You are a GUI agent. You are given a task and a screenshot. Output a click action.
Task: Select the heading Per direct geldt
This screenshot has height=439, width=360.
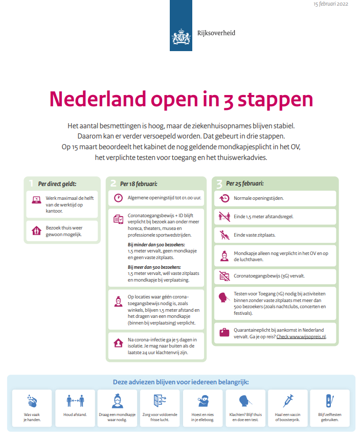click(x=57, y=183)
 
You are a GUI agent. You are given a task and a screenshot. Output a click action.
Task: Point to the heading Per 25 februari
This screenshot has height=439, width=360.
click(x=244, y=183)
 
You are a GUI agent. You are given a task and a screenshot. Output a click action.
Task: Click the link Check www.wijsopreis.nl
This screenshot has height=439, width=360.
click(x=301, y=338)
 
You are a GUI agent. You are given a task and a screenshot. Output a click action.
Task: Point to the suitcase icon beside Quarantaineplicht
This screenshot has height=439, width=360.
click(x=224, y=333)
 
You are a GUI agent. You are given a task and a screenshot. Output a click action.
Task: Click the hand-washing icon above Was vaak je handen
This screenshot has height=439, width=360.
click(x=31, y=400)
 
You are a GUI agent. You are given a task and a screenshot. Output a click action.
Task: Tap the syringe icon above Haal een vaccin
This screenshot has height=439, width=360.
click(x=288, y=400)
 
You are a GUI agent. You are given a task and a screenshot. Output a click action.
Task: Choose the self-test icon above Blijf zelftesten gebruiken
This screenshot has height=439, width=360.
click(x=329, y=400)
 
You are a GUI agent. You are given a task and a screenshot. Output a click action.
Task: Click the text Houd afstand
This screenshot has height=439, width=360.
click(x=75, y=414)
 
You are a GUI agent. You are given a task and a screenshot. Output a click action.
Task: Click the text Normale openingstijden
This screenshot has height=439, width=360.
click(x=259, y=198)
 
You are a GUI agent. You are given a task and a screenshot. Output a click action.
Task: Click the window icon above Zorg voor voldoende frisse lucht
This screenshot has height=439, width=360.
click(x=160, y=400)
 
